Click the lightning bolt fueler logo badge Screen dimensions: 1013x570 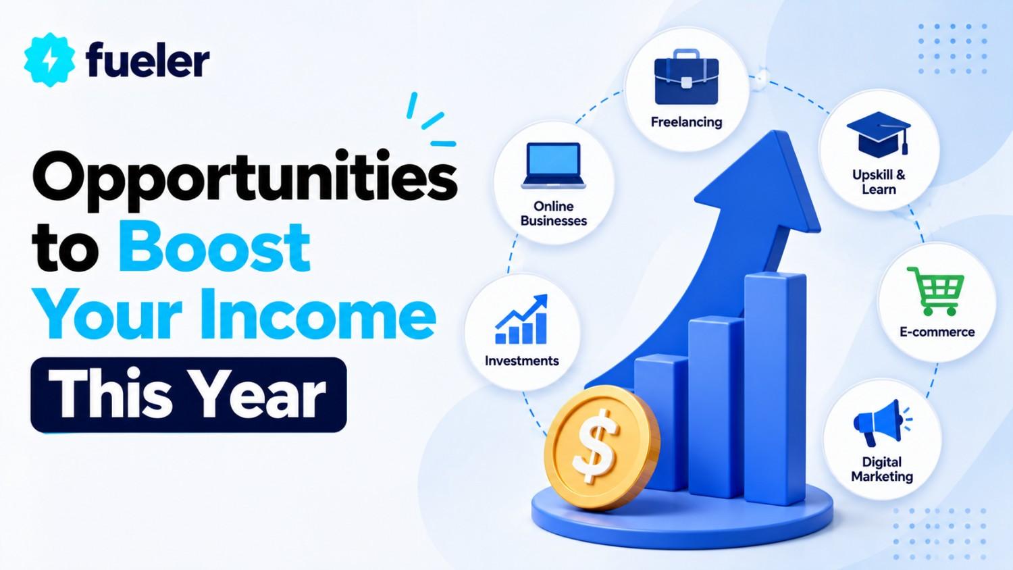pos(49,59)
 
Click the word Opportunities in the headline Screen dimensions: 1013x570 pos(244,176)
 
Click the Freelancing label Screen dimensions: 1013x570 pos(687,122)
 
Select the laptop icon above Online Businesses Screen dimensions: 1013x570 pos(554,165)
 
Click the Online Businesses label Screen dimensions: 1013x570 pos(554,213)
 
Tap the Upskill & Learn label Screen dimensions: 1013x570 pos(879,182)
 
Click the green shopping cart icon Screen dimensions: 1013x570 pos(935,291)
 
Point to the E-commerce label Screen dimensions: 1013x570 pos(937,332)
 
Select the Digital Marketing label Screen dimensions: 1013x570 pos(882,469)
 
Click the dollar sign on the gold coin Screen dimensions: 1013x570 pos(594,446)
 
